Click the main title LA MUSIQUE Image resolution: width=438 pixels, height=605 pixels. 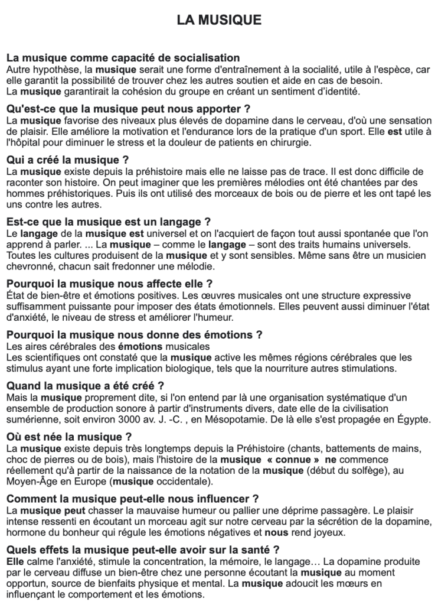coord(219,21)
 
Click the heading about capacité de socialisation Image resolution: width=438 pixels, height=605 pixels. coord(123,58)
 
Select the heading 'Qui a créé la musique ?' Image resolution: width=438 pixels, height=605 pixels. coord(67,160)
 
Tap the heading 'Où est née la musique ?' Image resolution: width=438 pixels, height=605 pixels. coord(68,437)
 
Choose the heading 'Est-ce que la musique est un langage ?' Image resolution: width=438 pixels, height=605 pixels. coord(109,222)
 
